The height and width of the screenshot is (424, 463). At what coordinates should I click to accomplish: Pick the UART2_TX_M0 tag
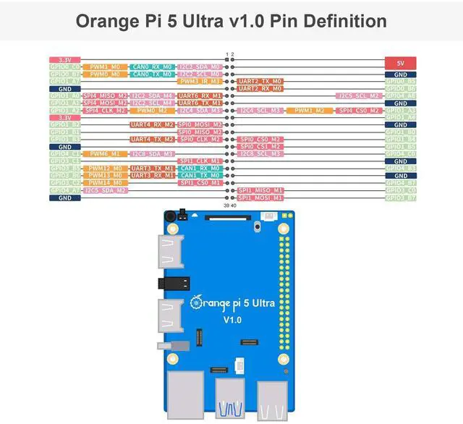pos(260,82)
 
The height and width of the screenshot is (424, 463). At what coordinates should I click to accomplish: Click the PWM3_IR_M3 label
pos(200,82)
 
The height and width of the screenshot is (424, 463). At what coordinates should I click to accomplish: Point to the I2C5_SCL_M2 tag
pos(359,96)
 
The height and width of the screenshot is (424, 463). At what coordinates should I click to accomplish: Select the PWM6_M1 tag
pos(106,153)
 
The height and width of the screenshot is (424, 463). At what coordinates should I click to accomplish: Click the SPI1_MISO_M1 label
pos(260,190)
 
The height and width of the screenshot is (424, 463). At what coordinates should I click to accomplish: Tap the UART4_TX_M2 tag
pos(153,139)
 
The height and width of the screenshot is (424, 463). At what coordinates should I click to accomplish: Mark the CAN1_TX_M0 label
pos(200,175)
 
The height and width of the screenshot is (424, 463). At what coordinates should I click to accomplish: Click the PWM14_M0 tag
pos(106,182)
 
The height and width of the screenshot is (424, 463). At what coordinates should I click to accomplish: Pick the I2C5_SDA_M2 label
pos(106,190)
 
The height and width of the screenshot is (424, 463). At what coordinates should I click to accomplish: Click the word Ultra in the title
pos(217,22)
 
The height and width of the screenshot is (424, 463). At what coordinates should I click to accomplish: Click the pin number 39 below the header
pos(226,206)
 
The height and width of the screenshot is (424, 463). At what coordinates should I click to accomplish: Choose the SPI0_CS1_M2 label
pos(260,146)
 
